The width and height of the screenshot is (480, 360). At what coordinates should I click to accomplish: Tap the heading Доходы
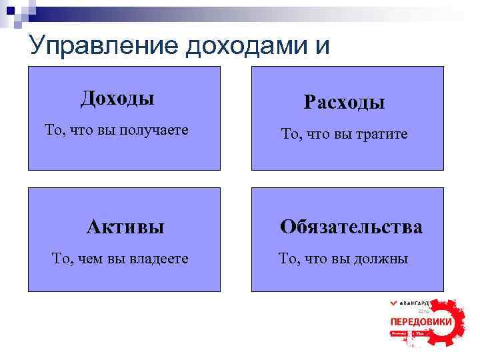[x=117, y=99]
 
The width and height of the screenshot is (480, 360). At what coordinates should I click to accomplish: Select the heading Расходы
[x=344, y=102]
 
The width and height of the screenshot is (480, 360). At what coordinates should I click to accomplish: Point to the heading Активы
[x=125, y=227]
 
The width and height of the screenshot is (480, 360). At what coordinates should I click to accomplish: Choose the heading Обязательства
[x=351, y=227]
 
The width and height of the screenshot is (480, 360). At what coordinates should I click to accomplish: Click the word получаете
[x=153, y=129]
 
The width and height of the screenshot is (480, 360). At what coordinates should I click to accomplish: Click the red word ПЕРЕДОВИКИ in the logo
[x=421, y=322]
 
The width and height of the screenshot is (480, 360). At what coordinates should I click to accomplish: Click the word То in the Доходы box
[x=53, y=129]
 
